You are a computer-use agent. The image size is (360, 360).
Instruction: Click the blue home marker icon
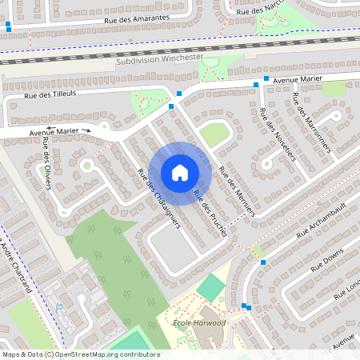[x=180, y=173]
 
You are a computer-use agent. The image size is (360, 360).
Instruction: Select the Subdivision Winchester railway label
[x=159, y=60]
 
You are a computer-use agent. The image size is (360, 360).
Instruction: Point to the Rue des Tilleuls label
[x=50, y=94]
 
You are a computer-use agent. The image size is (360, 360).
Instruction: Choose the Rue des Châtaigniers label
[x=159, y=198]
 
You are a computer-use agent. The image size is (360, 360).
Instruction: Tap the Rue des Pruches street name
[x=210, y=215]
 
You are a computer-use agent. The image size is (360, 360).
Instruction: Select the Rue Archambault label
[x=323, y=223]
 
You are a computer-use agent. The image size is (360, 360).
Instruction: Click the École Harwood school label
[x=199, y=322]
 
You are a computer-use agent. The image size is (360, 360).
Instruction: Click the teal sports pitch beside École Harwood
[x=210, y=286]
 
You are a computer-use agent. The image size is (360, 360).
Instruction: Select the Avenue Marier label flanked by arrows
[x=54, y=130]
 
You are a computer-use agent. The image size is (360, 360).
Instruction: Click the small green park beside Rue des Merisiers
[x=214, y=134]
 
